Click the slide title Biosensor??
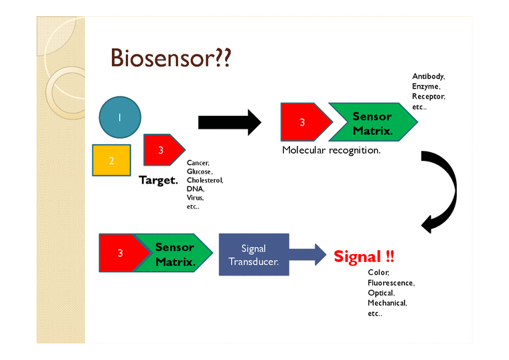click(171, 58)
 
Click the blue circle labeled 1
click(120, 117)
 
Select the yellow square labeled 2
click(112, 160)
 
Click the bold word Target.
click(158, 180)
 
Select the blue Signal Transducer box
click(254, 255)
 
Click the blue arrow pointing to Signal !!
click(308, 255)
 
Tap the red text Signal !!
click(364, 256)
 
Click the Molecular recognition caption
click(331, 150)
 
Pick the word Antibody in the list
click(428, 76)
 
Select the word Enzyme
click(426, 86)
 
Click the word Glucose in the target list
click(200, 172)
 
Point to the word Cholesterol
click(205, 180)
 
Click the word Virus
click(195, 198)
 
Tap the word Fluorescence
click(391, 283)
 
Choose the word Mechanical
click(387, 303)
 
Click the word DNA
click(195, 189)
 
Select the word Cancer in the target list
click(198, 163)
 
